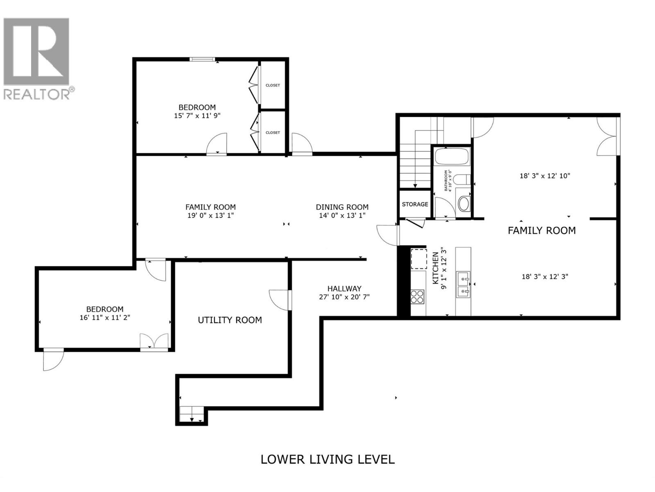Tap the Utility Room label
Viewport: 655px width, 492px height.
tap(230, 320)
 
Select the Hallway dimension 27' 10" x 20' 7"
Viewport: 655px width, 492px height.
tap(344, 297)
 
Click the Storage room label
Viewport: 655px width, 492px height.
tap(415, 204)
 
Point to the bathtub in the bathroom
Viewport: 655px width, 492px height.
tap(452, 157)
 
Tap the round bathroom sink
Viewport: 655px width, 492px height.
tap(464, 204)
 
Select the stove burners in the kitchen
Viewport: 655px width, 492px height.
tap(417, 296)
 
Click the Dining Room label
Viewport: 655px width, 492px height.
tap(342, 207)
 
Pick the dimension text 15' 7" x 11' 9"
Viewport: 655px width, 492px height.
tap(197, 116)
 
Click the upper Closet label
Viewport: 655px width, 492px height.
tap(273, 85)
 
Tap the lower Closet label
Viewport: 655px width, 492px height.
tap(273, 132)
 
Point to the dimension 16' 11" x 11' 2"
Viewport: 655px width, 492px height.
tap(105, 317)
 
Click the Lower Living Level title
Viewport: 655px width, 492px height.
tap(327, 459)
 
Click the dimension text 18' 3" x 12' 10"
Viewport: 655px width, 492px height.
tap(545, 176)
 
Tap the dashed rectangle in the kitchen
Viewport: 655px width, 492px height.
tap(418, 259)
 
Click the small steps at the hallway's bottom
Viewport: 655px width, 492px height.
tap(192, 414)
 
